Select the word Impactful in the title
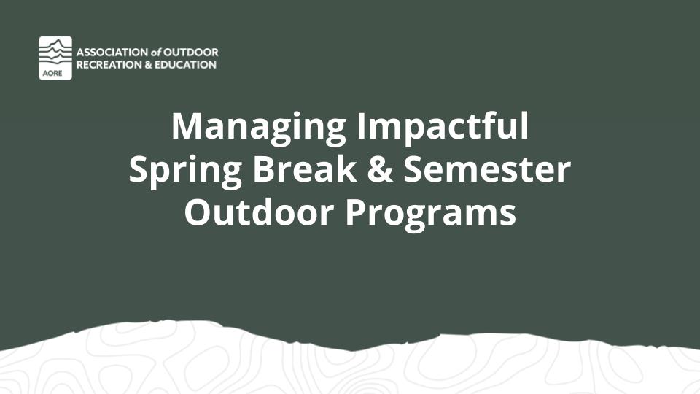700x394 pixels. [x=443, y=125]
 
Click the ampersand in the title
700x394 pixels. [x=381, y=169]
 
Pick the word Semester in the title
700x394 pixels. [x=487, y=169]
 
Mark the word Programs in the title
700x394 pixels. [x=431, y=215]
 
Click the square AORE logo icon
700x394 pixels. [x=55, y=58]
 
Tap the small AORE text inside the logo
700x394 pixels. [x=52, y=73]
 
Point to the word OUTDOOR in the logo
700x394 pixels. [x=190, y=53]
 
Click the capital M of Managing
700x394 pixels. [x=184, y=126]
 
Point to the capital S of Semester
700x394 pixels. [x=414, y=169]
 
